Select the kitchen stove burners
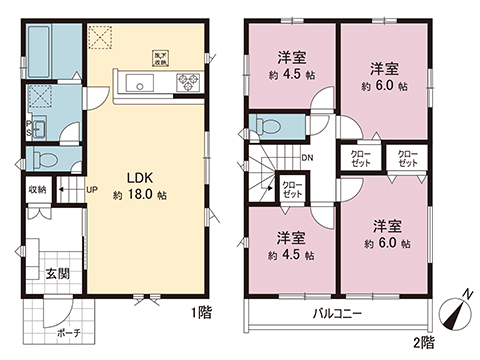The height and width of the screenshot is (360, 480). coord(187,83)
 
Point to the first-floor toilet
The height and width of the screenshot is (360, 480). coord(44,158)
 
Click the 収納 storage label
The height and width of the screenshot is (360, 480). coord(36,188)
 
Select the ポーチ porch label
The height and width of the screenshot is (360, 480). coord(68,333)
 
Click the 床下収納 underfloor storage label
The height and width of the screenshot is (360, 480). coord(160,57)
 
